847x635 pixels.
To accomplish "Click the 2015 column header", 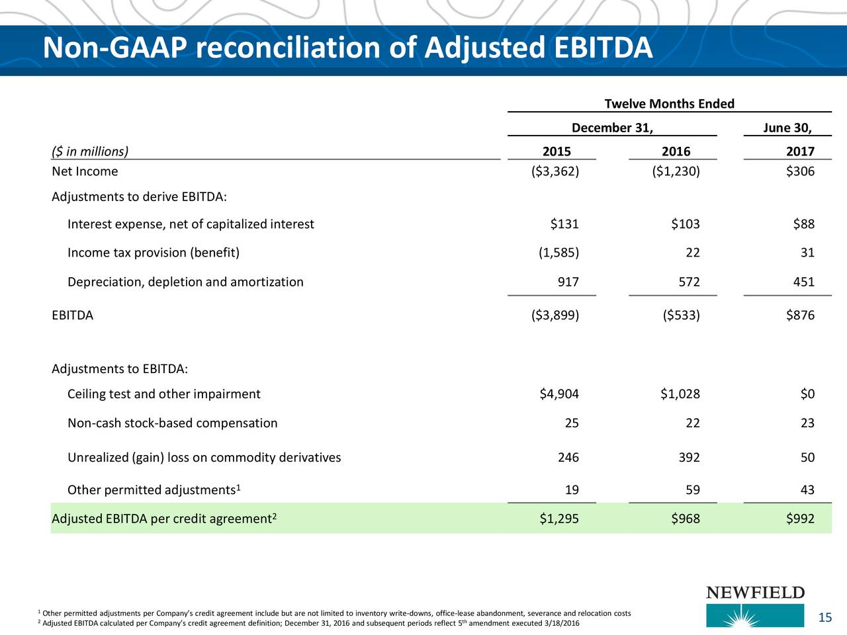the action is (557, 151).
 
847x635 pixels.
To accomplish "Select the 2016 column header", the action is (676, 151).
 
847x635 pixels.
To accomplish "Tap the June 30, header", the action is (787, 128).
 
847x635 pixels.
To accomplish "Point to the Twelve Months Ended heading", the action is (669, 104).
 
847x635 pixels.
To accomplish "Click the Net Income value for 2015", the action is (555, 171).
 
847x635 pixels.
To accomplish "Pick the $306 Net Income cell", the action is (800, 171).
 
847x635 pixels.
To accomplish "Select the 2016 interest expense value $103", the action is (686, 224).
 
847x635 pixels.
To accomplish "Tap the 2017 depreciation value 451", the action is (803, 282).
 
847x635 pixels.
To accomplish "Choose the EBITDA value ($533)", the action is (681, 316).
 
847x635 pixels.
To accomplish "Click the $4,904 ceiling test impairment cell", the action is (559, 394).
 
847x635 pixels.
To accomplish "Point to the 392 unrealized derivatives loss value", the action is (689, 457).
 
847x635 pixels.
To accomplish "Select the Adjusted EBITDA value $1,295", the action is (559, 519).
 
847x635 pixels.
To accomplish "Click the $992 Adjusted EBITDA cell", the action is (800, 519).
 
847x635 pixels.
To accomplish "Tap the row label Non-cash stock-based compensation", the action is (173, 423).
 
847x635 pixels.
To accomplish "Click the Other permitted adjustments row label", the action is (154, 489).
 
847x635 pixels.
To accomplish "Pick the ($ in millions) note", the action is (90, 151).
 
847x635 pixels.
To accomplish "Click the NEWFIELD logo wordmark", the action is (755, 593).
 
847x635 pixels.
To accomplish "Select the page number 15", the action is (825, 618).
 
